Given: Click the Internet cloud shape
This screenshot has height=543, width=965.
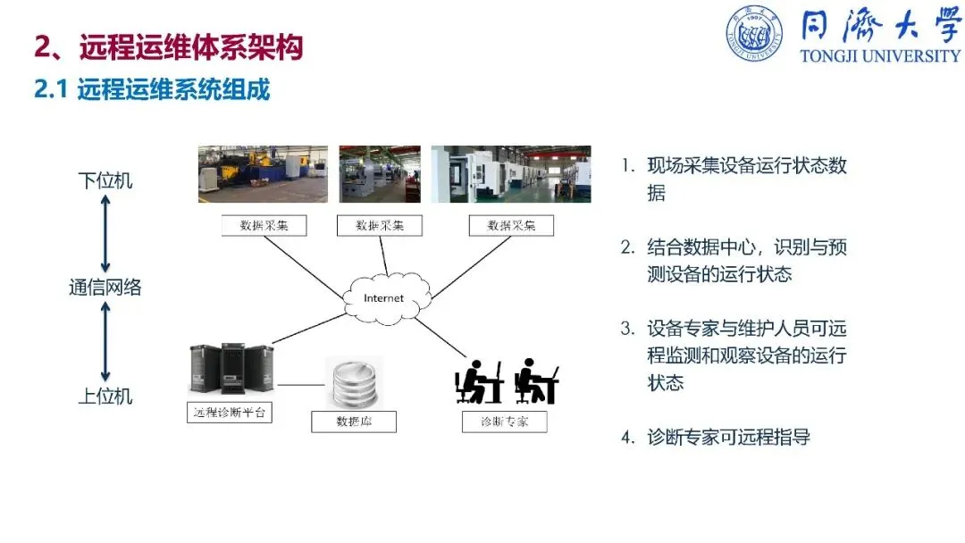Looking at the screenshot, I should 384,297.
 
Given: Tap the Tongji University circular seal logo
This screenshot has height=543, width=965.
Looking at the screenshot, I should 753,33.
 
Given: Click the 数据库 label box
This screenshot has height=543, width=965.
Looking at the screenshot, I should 353,422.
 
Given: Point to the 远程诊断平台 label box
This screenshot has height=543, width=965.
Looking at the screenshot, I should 230,413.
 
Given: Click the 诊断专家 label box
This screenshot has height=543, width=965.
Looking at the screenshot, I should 504,421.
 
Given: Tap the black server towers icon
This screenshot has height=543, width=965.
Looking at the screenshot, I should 231,370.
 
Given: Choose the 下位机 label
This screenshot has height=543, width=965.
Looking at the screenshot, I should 105,181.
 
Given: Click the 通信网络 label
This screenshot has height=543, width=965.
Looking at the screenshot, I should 105,288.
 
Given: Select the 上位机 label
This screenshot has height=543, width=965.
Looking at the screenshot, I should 105,396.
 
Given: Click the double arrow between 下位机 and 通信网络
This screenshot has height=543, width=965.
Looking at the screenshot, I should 105,234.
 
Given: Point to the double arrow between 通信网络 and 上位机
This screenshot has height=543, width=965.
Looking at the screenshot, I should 105,342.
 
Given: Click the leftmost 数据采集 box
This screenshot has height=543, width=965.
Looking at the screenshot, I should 264,225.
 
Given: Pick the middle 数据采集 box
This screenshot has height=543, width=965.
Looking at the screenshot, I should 379,225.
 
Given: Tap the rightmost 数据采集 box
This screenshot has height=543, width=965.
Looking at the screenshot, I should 511,225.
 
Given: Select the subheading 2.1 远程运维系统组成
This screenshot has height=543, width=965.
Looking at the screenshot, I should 152,89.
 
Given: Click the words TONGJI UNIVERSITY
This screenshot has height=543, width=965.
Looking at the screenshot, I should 880,55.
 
